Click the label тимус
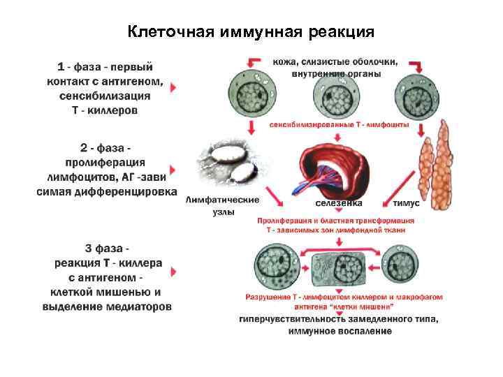[x=406, y=204]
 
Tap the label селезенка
[x=338, y=204]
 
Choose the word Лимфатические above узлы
[x=223, y=200]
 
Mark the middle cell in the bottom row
[x=351, y=266]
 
